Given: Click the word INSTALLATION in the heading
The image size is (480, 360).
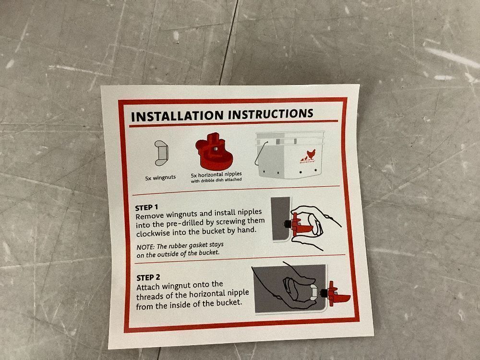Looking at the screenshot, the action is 177,116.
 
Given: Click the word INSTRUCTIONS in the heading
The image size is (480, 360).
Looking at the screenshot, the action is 271,114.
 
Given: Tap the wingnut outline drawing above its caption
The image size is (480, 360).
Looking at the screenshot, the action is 161,154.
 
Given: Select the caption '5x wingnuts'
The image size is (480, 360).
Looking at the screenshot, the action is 160,177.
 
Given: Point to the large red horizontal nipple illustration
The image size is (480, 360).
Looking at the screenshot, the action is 214,152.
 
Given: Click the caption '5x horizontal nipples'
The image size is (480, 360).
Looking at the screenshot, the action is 216,175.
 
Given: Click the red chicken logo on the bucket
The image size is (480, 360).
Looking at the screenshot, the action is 308,156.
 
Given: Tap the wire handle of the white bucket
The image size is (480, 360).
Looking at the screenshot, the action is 260,153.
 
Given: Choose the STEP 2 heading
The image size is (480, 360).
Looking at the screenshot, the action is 148,277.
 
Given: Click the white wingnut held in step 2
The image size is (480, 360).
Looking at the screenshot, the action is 313,292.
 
